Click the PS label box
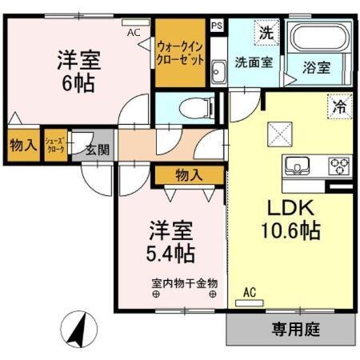click(217, 26)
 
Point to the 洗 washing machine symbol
click(265, 34)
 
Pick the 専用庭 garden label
click(291, 328)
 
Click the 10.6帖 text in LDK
click(290, 232)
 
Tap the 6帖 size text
click(76, 83)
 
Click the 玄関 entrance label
click(98, 148)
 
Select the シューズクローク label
click(56, 146)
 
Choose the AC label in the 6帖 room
click(134, 33)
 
